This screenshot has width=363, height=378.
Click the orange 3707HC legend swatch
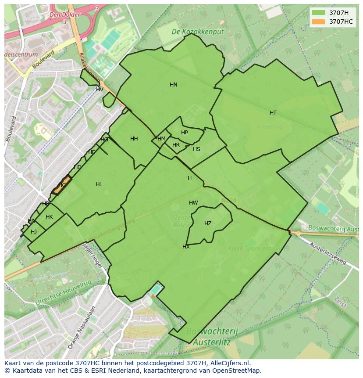(x=319, y=22)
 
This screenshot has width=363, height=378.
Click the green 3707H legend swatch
(x=319, y=13)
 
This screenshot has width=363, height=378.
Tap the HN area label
(x=174, y=85)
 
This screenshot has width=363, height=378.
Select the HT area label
(x=273, y=113)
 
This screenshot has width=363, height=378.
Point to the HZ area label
(x=208, y=223)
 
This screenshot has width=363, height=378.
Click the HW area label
(x=193, y=203)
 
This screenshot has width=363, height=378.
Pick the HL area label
(x=99, y=184)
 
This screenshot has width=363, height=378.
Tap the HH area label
(x=134, y=139)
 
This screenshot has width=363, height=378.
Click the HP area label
(x=185, y=133)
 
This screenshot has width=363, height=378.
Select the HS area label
(x=196, y=149)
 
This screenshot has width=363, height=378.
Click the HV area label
(x=100, y=90)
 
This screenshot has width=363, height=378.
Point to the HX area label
(x=186, y=247)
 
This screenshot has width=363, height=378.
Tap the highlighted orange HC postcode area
(x=63, y=185)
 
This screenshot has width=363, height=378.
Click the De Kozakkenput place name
(x=197, y=32)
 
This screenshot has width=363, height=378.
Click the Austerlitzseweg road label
(x=328, y=254)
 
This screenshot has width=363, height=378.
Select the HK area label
(x=49, y=217)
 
